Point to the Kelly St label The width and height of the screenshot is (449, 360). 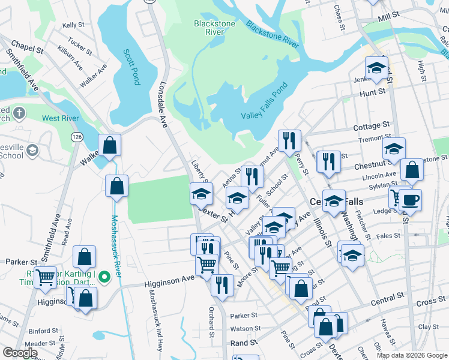click(73, 25)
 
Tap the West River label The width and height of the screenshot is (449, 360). click(59, 118)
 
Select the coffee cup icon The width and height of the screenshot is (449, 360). click(411, 200)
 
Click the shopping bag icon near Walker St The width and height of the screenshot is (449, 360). click(110, 145)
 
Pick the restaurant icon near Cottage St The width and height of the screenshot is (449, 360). click(290, 141)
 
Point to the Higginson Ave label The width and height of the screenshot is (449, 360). click(169, 279)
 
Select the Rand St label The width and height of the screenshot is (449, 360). click(244, 343)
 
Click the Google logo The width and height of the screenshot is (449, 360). click(20, 353)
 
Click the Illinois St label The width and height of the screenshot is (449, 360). click(322, 230)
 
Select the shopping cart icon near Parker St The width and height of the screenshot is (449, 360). click(46, 278)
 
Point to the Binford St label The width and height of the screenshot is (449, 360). click(39, 331)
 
